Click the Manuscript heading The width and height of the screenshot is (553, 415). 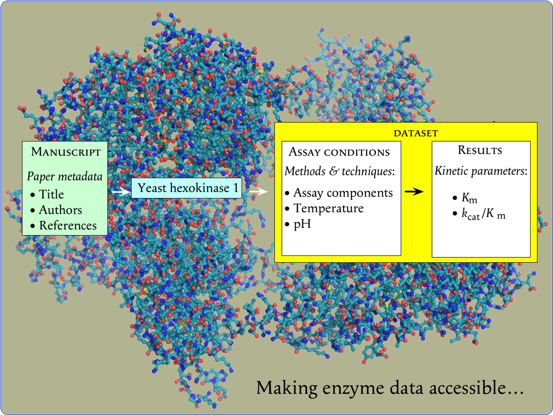tap(66, 152)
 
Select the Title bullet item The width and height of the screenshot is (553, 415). tap(51, 195)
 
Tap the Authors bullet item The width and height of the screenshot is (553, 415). tap(60, 210)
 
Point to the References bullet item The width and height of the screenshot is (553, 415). tap(67, 226)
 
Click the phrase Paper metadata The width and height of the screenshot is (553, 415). tap(64, 176)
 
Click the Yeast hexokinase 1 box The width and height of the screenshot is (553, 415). tap(187, 188)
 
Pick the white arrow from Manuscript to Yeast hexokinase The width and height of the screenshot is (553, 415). tap(121, 192)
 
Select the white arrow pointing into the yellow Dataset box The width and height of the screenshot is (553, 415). tap(259, 191)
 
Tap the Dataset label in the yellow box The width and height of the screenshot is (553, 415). tap(416, 133)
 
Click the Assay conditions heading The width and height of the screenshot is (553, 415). tap(339, 152)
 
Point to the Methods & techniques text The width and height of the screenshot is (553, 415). tap(339, 171)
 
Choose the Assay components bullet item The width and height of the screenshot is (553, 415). tap(343, 193)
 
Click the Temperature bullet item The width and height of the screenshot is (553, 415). tap(328, 208)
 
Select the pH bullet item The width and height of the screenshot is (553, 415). tap(302, 224)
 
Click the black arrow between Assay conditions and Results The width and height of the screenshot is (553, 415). tap(414, 192)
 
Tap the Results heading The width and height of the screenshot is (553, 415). tap(480, 150)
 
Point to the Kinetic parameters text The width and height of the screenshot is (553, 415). tap(481, 171)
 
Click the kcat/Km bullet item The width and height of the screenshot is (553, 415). tap(483, 214)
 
